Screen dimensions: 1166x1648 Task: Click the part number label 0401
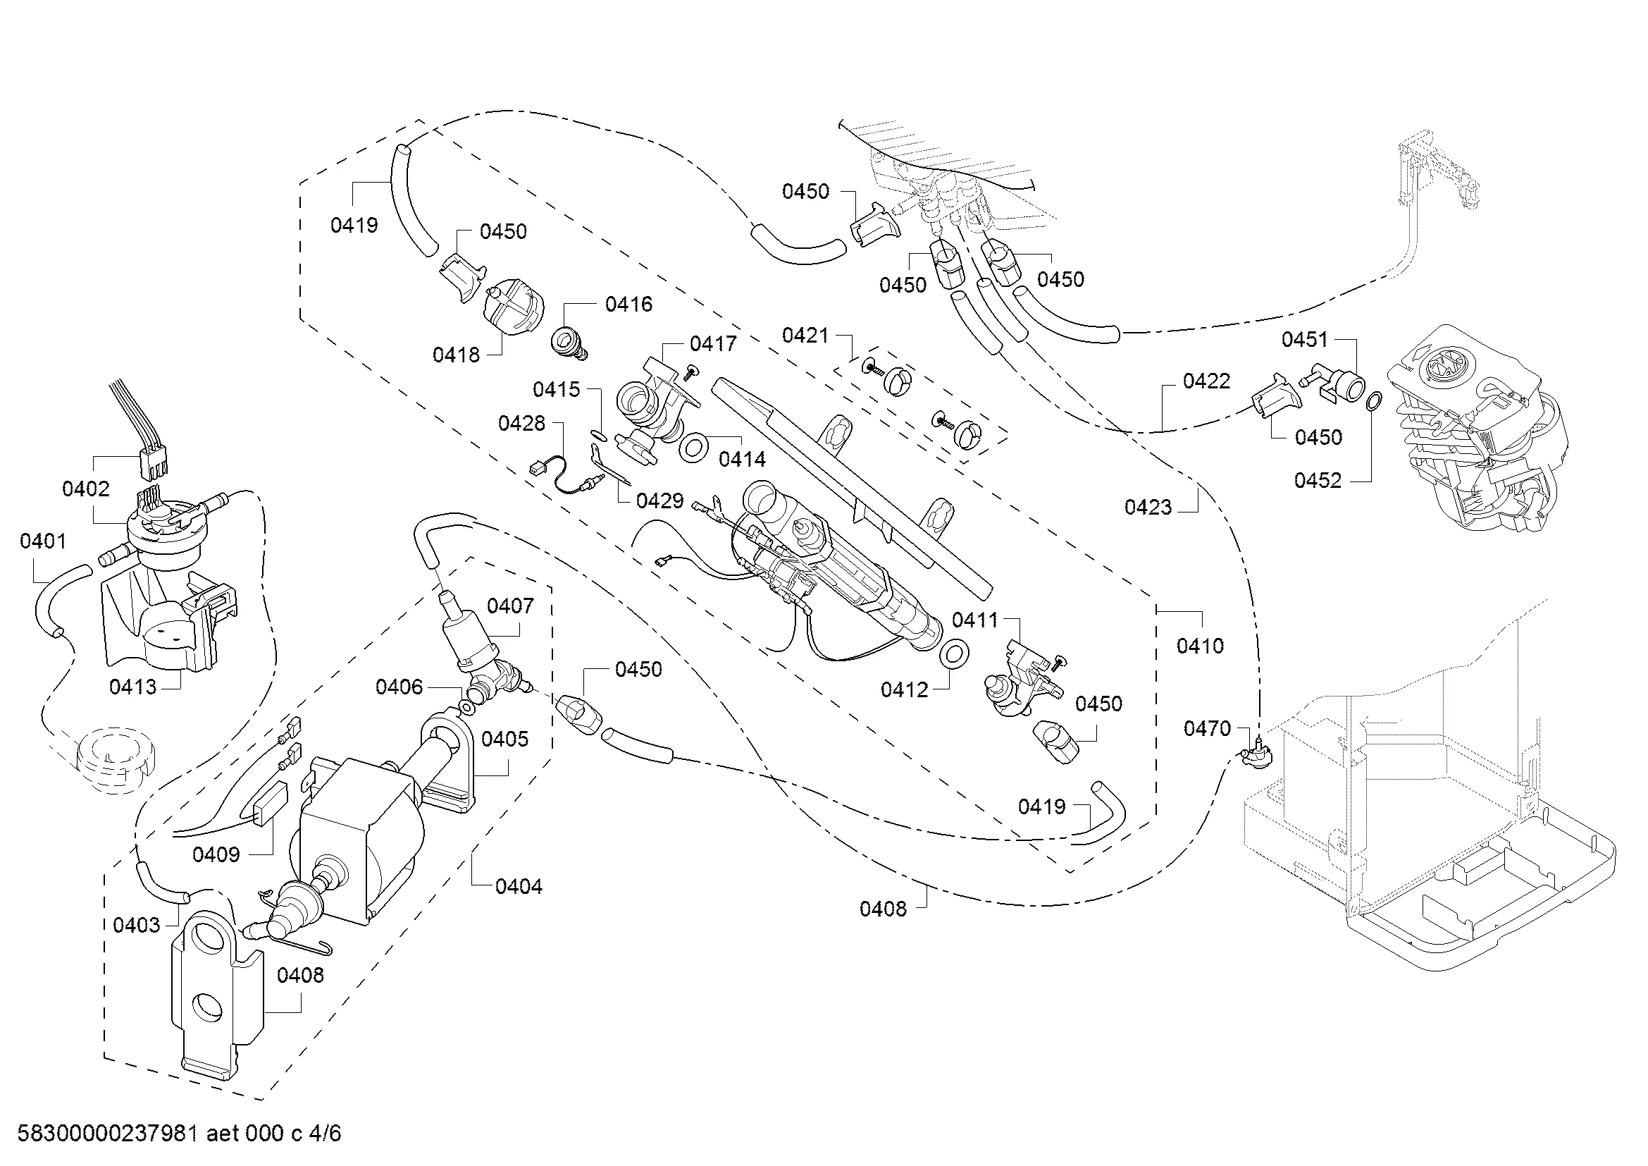[43, 541]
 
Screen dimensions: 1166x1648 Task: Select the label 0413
[132, 687]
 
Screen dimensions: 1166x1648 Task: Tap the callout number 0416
[628, 305]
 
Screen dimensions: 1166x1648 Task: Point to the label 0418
[457, 355]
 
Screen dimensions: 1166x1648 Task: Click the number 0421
[805, 336]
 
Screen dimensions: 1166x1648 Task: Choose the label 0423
[1148, 508]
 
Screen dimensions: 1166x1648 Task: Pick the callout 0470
[1208, 729]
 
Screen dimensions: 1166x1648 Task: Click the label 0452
[1318, 480]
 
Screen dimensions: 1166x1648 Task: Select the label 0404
[519, 887]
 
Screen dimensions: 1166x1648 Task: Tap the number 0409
[216, 854]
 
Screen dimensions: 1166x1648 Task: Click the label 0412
[905, 690]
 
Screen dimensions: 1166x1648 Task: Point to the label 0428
[522, 424]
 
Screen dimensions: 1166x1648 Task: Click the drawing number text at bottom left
[180, 1134]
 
